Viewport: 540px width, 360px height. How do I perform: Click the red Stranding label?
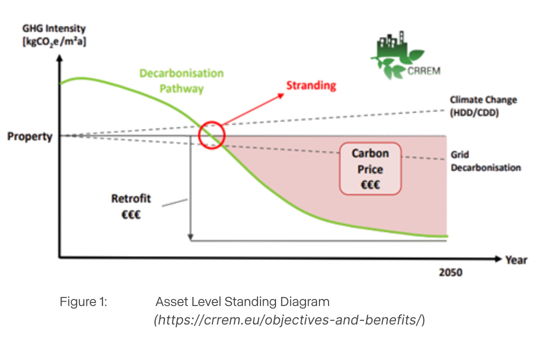coord(311,85)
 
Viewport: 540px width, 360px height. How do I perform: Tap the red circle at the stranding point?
coord(212,134)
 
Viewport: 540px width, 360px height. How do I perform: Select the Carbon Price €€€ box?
coord(370,169)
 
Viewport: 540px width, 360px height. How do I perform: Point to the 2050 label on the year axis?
coord(450,272)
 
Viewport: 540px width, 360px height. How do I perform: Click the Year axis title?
coord(516,259)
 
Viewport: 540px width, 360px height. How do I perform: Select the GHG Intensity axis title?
coord(54,29)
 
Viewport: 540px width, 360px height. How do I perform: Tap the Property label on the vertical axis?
coord(30,136)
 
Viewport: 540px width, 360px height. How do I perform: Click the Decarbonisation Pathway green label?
coord(181,81)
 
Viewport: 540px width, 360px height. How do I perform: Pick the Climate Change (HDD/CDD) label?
coord(483,105)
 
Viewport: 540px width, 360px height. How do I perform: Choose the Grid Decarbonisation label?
coord(485,161)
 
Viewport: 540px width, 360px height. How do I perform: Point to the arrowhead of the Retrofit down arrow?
coord(190,235)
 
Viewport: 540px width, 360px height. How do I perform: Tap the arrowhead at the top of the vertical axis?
coord(60,57)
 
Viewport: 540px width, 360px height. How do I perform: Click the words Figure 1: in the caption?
coord(83,302)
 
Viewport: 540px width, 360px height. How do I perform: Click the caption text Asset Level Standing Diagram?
coord(242,302)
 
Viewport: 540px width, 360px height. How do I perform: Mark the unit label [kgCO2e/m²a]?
coord(54,41)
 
